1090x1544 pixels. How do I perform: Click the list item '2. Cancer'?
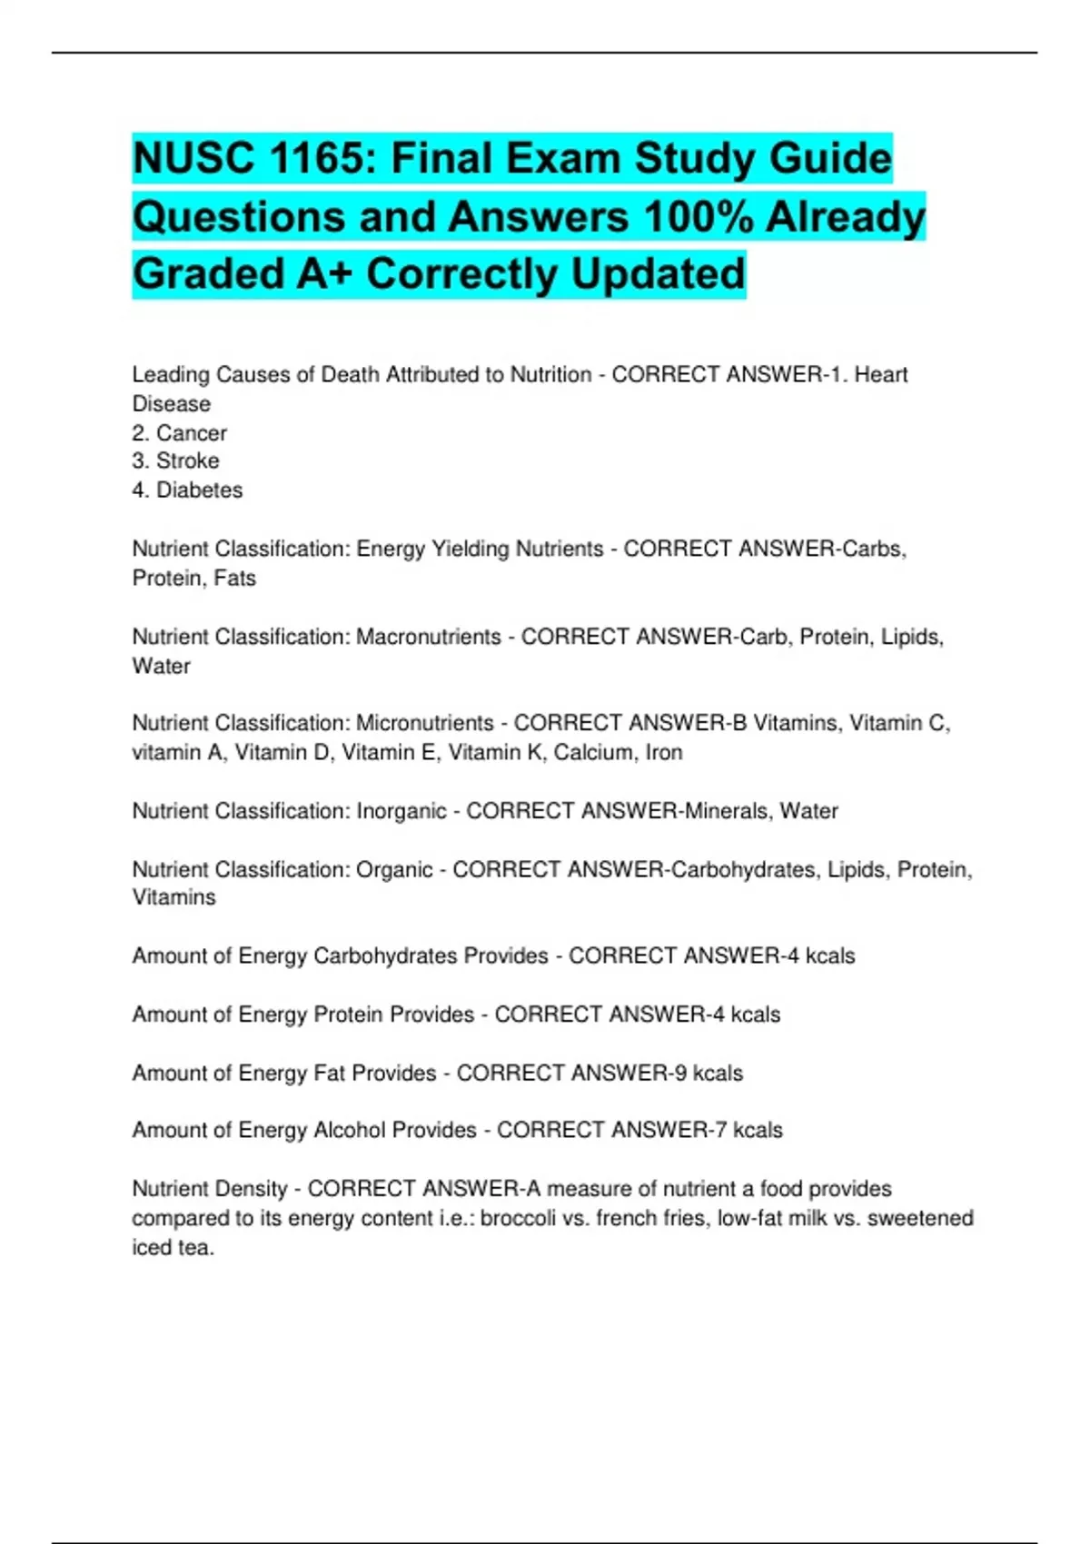tap(179, 433)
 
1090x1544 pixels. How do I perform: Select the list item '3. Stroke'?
tap(175, 460)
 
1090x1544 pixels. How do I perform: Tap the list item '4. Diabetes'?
tap(187, 490)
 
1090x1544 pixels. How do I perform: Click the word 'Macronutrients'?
tap(428, 637)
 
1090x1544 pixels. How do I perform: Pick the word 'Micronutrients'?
tap(424, 723)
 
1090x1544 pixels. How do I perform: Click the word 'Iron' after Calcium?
tap(664, 753)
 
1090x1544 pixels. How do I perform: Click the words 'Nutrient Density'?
tap(209, 1189)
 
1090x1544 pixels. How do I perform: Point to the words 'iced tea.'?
tap(173, 1248)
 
